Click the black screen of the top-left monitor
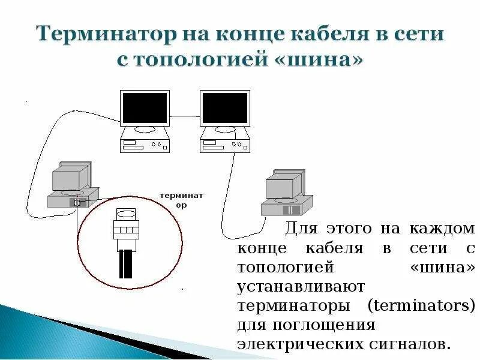(x=145, y=108)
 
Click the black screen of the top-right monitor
(x=224, y=108)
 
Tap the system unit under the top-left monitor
(x=145, y=145)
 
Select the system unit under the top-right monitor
(x=224, y=145)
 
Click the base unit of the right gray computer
(x=286, y=208)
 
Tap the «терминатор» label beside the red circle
(x=181, y=200)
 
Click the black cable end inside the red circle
(x=125, y=264)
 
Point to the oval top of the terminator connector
(x=126, y=214)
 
